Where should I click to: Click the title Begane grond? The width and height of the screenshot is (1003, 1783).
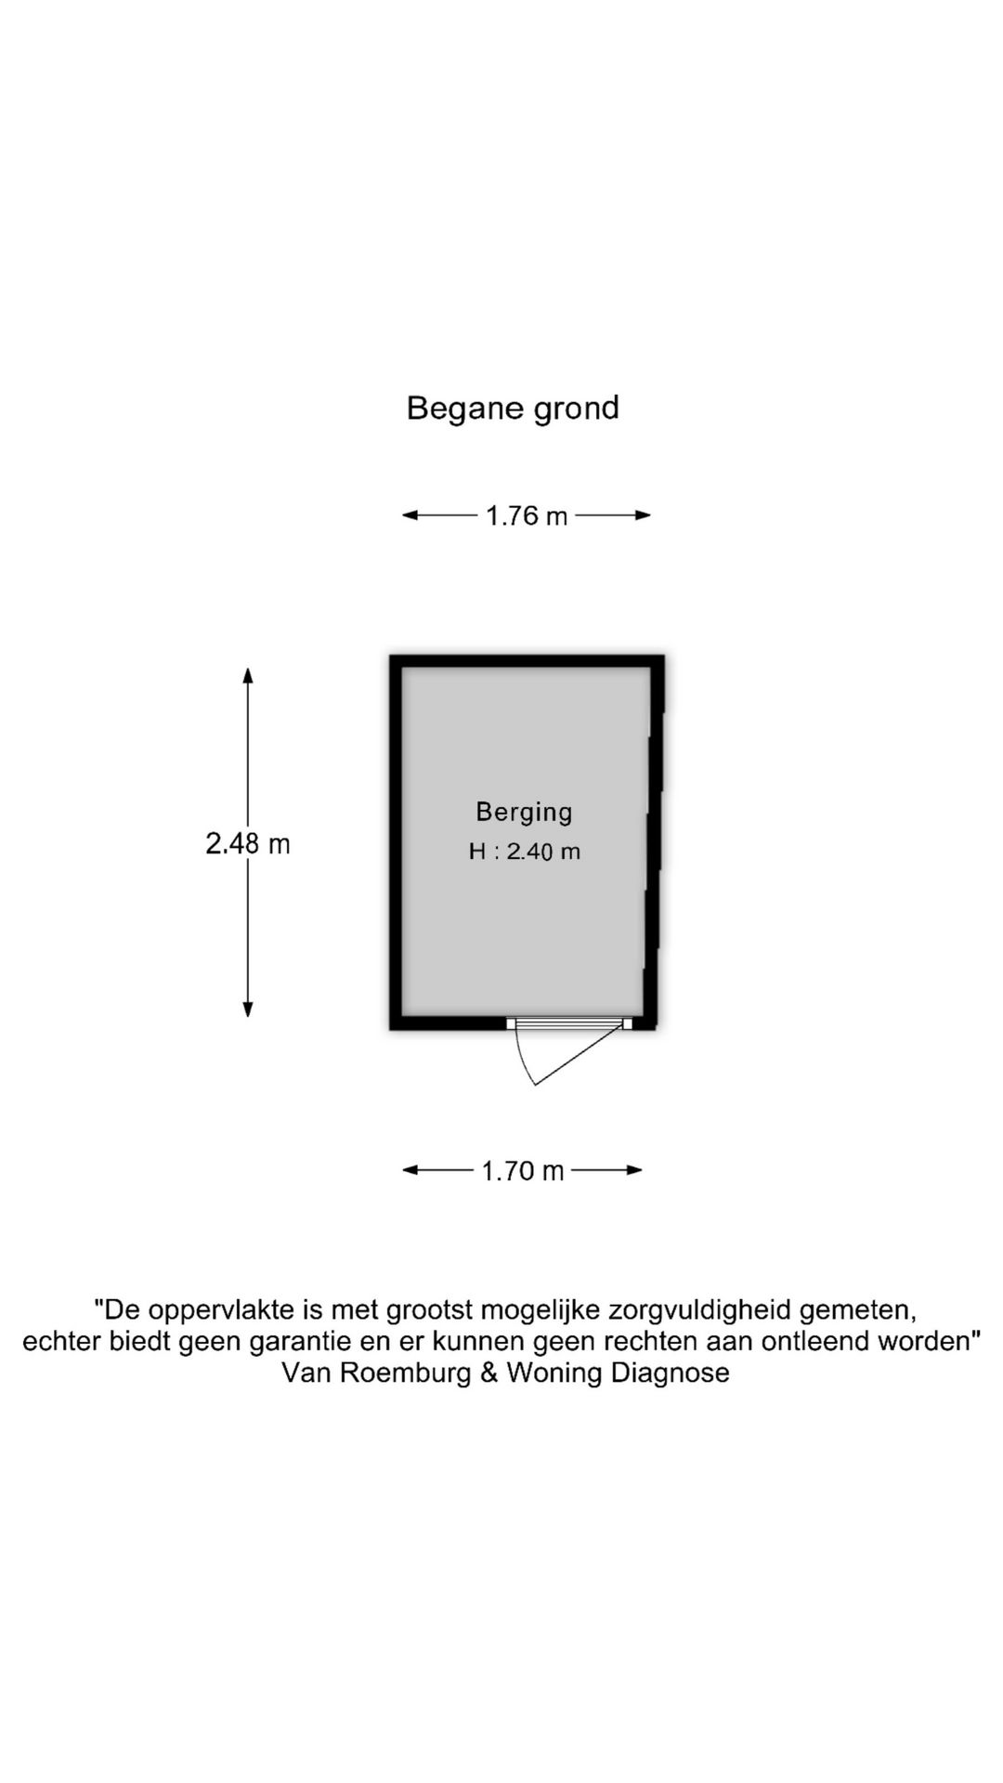(513, 409)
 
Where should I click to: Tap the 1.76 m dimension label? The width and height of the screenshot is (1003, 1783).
(527, 515)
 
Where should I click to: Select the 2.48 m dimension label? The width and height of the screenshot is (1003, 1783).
(248, 843)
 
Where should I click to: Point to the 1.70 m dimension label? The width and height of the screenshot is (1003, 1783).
(523, 1171)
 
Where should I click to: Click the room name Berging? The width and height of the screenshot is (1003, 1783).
(524, 813)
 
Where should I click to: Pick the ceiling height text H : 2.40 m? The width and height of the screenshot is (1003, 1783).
(525, 852)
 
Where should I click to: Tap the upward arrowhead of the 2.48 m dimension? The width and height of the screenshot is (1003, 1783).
(248, 675)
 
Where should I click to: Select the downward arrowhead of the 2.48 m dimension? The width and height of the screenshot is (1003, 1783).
(248, 1009)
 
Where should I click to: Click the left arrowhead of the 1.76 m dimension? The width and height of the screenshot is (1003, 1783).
(410, 515)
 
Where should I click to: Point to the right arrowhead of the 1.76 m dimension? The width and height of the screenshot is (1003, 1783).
(643, 515)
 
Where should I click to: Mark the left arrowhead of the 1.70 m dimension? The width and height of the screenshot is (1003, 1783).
(410, 1170)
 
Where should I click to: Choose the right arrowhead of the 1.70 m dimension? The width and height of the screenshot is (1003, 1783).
(634, 1170)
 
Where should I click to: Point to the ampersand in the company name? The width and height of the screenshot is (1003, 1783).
(488, 1373)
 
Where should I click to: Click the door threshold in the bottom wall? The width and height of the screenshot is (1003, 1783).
(569, 1023)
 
